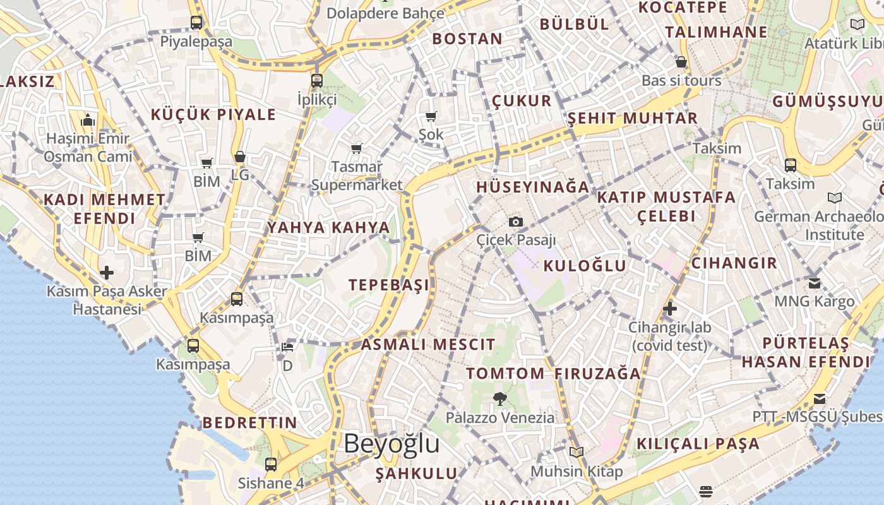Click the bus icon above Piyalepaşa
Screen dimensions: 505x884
click(196, 23)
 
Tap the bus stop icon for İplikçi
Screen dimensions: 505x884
click(317, 81)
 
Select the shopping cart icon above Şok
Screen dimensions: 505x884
click(431, 116)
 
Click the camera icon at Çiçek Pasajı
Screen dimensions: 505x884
click(516, 222)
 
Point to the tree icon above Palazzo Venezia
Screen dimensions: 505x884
click(500, 399)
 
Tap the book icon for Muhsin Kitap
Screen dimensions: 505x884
click(576, 452)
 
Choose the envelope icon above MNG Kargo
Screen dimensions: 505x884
click(815, 283)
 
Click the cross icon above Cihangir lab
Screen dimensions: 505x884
click(670, 309)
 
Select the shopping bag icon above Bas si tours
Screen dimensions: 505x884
click(681, 62)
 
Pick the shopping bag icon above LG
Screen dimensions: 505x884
click(240, 157)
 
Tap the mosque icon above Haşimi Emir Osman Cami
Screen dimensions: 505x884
click(88, 119)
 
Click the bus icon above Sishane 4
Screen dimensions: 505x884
click(271, 465)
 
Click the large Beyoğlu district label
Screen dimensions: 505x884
click(391, 444)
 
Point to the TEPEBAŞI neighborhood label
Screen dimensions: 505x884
click(389, 285)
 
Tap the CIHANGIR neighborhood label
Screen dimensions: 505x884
click(734, 263)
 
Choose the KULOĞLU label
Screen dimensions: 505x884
click(585, 266)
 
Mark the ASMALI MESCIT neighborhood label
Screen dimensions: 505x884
click(427, 345)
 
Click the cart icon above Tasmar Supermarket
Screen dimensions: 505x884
click(357, 149)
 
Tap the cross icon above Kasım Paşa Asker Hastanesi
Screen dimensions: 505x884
click(107, 273)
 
